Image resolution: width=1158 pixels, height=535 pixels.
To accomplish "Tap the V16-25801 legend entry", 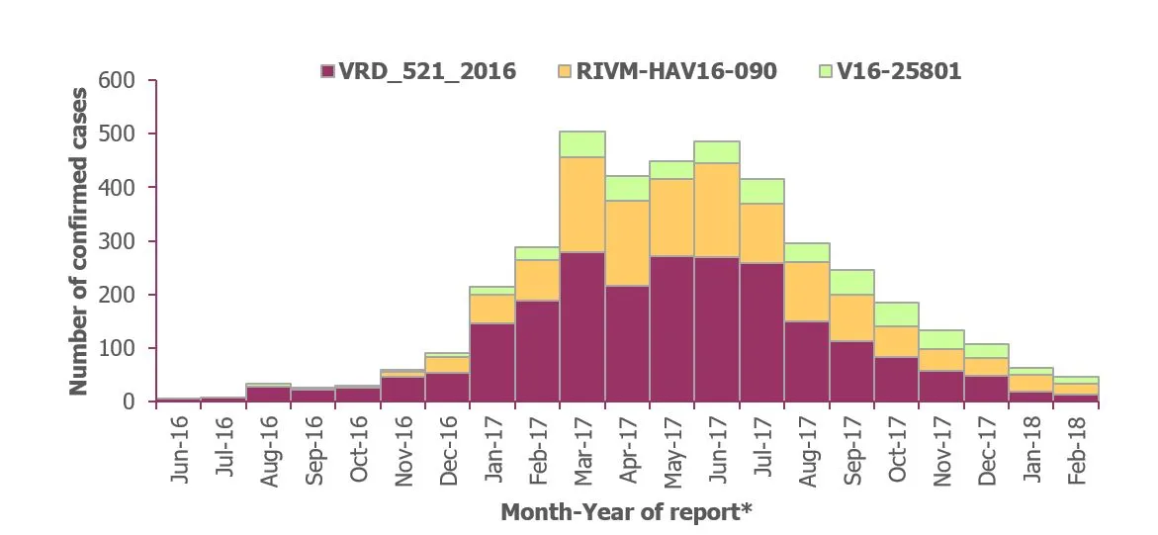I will pyautogui.click(x=896, y=71).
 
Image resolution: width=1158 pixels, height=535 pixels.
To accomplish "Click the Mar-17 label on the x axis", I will pyautogui.click(x=582, y=451).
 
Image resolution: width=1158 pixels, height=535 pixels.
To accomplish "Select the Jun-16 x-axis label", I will pyautogui.click(x=179, y=451).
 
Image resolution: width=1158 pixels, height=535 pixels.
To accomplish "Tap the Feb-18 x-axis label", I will pyautogui.click(x=1076, y=451).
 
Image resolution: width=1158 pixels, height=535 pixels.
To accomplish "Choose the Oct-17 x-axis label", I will pyautogui.click(x=897, y=451).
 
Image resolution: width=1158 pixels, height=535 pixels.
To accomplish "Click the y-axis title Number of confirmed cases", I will pyautogui.click(x=79, y=241).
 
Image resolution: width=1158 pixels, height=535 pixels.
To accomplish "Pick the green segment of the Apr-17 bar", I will pyautogui.click(x=627, y=188).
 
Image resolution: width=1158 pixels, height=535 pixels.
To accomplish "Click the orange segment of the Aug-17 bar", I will pyautogui.click(x=807, y=291).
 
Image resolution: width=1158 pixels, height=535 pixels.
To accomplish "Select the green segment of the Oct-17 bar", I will pyautogui.click(x=897, y=314).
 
